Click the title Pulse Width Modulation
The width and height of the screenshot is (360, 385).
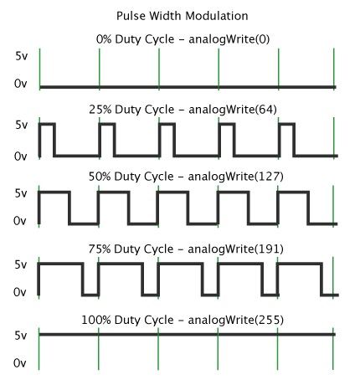point(183,16)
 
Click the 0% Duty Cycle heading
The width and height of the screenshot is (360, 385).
point(135,39)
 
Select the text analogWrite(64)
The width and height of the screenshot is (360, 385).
point(233,110)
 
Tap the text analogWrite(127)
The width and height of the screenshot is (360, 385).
point(236,177)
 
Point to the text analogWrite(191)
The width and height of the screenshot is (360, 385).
point(236,249)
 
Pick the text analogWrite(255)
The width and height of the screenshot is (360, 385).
point(236,320)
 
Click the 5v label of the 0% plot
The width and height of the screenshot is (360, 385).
point(22,56)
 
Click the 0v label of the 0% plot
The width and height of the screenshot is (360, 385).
point(21,84)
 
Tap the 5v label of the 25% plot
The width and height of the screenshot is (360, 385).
point(22,125)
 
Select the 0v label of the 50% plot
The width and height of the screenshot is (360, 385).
point(20,221)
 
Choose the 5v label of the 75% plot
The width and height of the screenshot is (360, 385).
point(21,264)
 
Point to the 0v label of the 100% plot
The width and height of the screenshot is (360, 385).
point(20,363)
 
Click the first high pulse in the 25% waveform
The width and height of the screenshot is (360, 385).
point(47,124)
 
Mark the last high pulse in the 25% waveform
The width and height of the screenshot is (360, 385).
point(286,124)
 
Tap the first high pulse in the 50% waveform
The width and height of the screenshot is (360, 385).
point(54,192)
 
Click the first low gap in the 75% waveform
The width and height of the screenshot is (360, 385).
point(90,295)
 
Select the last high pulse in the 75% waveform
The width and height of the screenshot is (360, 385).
point(300,264)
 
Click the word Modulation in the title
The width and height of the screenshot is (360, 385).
point(217,16)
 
